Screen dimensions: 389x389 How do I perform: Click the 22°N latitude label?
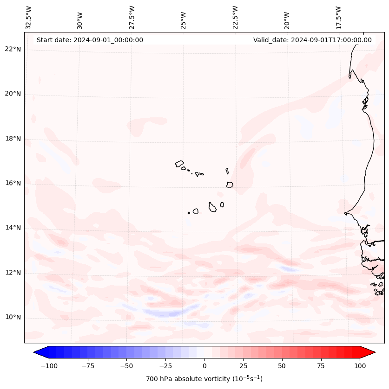pos(13,49)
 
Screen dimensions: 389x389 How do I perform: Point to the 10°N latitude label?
pos(13,318)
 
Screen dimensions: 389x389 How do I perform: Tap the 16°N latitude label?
pos(13,183)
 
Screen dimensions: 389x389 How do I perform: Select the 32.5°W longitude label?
pos(29,17)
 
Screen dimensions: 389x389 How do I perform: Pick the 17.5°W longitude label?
pos(338,17)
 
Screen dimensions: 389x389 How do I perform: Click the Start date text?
pos(90,40)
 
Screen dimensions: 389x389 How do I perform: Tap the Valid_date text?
pos(312,40)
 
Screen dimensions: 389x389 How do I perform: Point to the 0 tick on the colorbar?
pos(204,366)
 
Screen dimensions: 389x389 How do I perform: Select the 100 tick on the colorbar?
pos(360,366)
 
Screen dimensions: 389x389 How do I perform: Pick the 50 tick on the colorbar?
pos(282,366)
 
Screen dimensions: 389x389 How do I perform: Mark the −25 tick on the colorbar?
pos(165,366)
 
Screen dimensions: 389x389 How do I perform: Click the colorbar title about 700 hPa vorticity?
pos(204,379)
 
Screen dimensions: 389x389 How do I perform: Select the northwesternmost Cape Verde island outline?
pos(179,163)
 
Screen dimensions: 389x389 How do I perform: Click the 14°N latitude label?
pos(13,228)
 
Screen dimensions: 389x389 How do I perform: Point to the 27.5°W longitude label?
pos(132,17)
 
